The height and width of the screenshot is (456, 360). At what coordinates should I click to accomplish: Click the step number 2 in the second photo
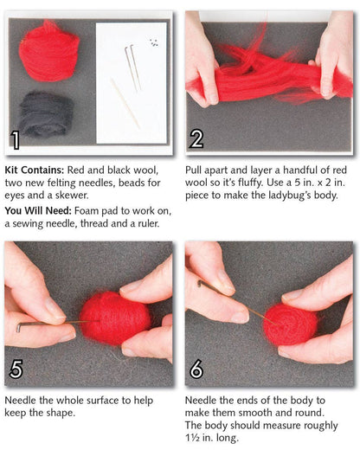tap(197, 139)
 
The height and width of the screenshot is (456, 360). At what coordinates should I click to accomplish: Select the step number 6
tap(197, 369)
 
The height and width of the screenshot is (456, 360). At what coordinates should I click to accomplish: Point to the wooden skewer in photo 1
tap(125, 103)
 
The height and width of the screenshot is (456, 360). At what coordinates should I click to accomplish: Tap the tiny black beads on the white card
tap(154, 42)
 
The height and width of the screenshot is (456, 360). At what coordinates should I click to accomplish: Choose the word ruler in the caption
tap(149, 223)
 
